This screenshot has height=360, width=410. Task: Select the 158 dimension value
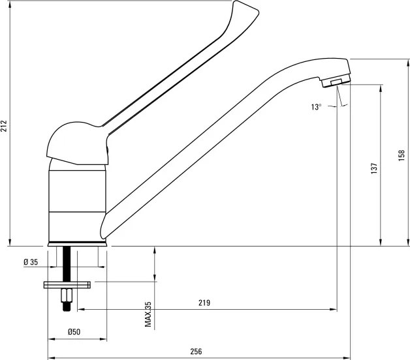tap(402, 155)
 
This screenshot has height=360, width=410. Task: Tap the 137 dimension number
tap(375, 168)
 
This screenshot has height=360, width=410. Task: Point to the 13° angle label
tap(316, 107)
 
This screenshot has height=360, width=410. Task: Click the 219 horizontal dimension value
tap(204, 303)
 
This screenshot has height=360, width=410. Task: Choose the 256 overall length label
tap(196, 352)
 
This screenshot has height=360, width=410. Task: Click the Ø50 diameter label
tap(74, 332)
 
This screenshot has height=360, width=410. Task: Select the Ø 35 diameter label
tap(31, 262)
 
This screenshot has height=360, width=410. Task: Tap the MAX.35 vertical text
tap(148, 314)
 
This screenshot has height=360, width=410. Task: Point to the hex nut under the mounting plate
tap(67, 295)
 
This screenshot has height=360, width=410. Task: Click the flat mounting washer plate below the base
tap(67, 285)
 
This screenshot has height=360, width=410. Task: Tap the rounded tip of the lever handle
tap(245, 8)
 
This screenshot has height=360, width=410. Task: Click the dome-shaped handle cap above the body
tap(78, 143)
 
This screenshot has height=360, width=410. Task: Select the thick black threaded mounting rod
tap(67, 264)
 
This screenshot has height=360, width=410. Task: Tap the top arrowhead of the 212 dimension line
tap(10, 4)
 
